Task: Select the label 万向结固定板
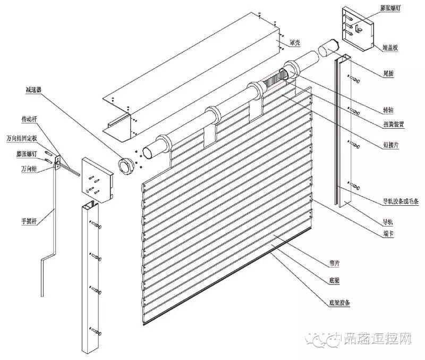[x=21, y=138]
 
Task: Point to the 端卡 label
[x=388, y=233]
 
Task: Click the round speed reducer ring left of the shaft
[x=126, y=165]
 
